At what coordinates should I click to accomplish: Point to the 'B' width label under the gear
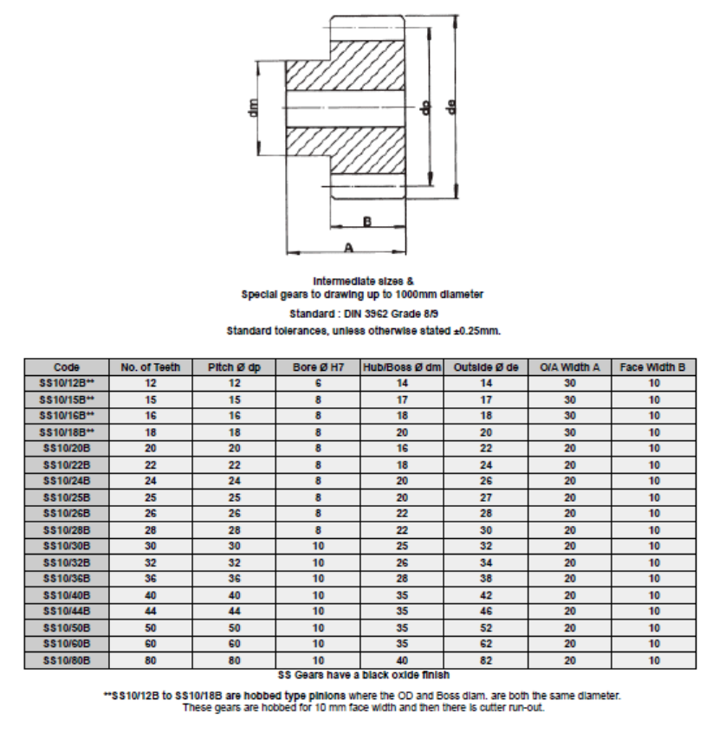coord(366,222)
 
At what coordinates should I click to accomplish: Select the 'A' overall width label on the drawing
coord(348,247)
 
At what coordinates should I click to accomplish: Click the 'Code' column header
coord(67,366)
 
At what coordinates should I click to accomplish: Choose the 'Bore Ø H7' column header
coord(319,366)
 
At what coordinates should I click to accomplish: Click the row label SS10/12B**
coord(67,383)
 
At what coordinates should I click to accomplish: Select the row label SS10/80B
coord(67,660)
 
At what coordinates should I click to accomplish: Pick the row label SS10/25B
coord(67,497)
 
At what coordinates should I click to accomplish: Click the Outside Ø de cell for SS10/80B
coord(486,660)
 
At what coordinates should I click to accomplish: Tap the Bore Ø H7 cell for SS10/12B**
coord(319,383)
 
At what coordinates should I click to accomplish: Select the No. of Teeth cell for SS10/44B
coord(151,611)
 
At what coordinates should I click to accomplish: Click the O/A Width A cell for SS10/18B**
coord(570,431)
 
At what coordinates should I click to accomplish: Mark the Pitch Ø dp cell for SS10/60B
coord(234,644)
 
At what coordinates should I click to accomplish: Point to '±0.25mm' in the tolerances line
coord(479,331)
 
